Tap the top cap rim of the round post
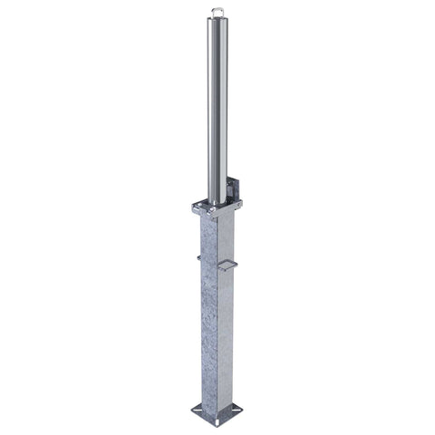(217, 18)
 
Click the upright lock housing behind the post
(235, 191)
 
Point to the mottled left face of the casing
(207, 308)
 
